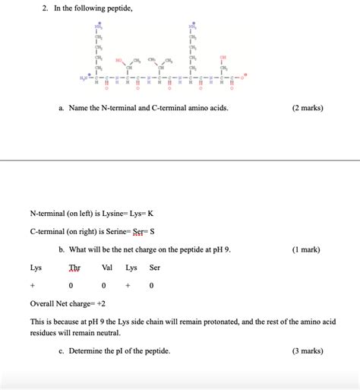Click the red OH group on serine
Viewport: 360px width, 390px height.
[x=223, y=57]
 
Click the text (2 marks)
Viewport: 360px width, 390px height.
[x=307, y=108]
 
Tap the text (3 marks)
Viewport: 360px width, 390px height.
[x=307, y=350]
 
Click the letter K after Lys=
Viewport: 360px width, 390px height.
[x=159, y=214]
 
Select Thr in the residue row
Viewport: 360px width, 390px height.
[x=74, y=268]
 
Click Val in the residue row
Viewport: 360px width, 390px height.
[x=106, y=268]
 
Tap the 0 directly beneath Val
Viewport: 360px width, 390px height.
[x=106, y=286]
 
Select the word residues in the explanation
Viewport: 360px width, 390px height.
[x=44, y=333]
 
